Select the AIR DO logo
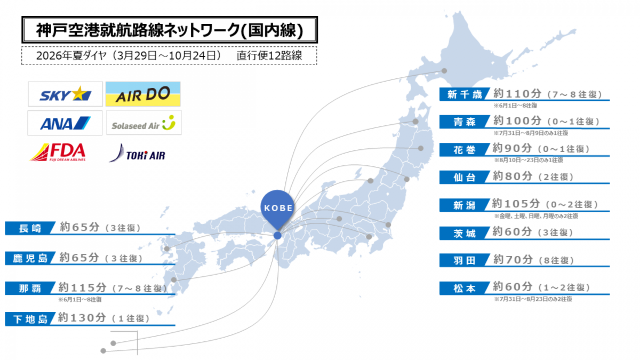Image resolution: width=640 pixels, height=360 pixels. (x=143, y=94)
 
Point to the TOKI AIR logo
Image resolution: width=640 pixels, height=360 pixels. (x=138, y=154)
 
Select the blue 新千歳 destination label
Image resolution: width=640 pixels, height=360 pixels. (x=462, y=95)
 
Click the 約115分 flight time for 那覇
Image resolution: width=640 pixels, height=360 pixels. (x=82, y=287)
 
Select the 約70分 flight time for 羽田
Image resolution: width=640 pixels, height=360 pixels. (x=513, y=260)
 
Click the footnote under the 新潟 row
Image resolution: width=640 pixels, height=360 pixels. (x=535, y=216)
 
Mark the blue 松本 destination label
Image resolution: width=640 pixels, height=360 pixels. (x=462, y=289)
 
